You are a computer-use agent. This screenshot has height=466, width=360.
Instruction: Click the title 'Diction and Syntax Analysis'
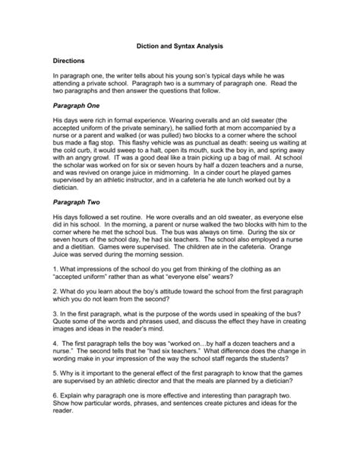178,46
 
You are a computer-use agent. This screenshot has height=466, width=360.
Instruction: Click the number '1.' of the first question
55,290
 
